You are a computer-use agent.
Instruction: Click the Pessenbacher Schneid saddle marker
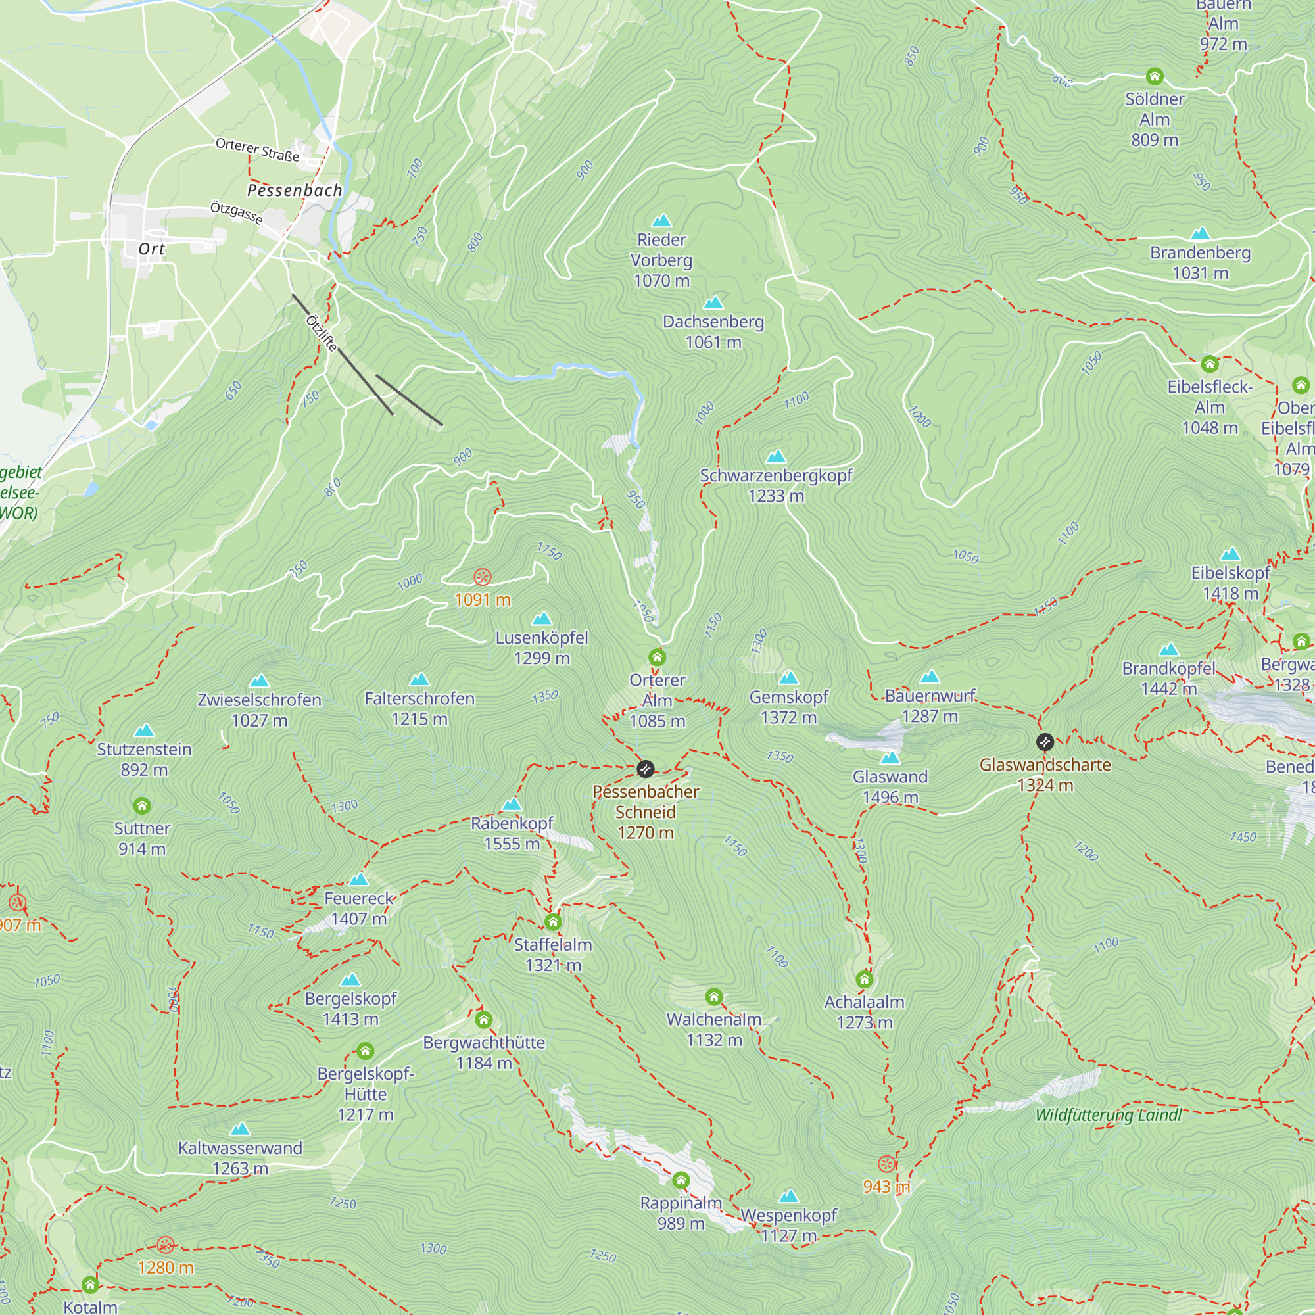pos(644,769)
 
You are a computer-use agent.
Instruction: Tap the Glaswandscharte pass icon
pos(1045,742)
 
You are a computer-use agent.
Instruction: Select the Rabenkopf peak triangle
pos(511,805)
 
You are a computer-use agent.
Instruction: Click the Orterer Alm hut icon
pos(657,657)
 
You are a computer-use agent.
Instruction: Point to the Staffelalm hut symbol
pos(553,922)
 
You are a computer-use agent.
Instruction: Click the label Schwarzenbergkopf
pos(776,476)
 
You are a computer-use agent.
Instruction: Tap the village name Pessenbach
pos(295,191)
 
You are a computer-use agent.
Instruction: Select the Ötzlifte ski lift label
pos(322,333)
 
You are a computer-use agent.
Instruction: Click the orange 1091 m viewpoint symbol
pos(482,578)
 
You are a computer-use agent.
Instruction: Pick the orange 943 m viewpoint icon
pos(886,1163)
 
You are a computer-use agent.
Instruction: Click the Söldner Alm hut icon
pos(1155,76)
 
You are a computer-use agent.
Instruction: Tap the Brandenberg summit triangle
pos(1201,234)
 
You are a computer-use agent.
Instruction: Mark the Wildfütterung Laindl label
pos(1108,1115)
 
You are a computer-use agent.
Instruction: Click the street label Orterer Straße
pos(257,150)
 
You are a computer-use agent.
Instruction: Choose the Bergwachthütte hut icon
pos(483,1020)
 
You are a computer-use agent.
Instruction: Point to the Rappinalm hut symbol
pos(681,1180)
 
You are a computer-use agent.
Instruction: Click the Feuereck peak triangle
pos(358,879)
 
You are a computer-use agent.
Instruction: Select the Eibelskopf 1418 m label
pos(1230,583)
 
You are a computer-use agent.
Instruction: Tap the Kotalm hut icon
pos(90,1284)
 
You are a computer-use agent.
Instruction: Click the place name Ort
pos(151,249)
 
